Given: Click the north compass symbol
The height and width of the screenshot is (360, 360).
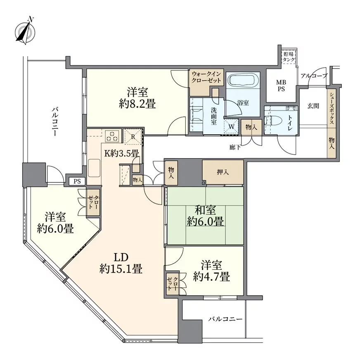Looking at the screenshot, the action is (x=25, y=31).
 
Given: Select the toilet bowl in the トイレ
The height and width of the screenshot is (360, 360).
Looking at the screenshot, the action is (x=270, y=119).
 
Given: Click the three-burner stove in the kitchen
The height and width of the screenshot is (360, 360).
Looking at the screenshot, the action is (x=112, y=136).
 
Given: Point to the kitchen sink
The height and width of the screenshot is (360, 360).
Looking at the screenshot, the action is (x=95, y=168).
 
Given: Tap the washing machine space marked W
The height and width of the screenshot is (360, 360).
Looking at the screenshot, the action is (x=232, y=126).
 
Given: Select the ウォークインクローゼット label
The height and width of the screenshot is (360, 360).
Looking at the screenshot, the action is (x=206, y=77).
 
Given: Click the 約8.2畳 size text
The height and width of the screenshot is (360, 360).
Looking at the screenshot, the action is (x=137, y=105).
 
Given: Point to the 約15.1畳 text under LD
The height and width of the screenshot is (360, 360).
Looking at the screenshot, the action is (x=121, y=269).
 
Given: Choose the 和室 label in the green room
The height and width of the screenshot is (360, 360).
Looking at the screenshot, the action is (x=205, y=210).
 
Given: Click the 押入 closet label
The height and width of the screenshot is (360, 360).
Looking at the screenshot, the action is (x=223, y=172).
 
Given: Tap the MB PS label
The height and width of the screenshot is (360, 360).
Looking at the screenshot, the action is (x=281, y=85).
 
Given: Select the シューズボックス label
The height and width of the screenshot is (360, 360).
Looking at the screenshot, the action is (x=332, y=109).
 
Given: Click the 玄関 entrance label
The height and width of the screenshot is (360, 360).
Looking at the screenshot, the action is (x=313, y=106).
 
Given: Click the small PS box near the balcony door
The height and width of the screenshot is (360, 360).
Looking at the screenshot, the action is (x=77, y=181).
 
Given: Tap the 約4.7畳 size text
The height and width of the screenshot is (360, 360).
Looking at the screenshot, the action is (x=211, y=277).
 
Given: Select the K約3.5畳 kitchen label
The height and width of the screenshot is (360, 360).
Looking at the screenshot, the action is (x=121, y=153).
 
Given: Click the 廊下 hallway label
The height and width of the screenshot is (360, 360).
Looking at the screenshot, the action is (x=235, y=147).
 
